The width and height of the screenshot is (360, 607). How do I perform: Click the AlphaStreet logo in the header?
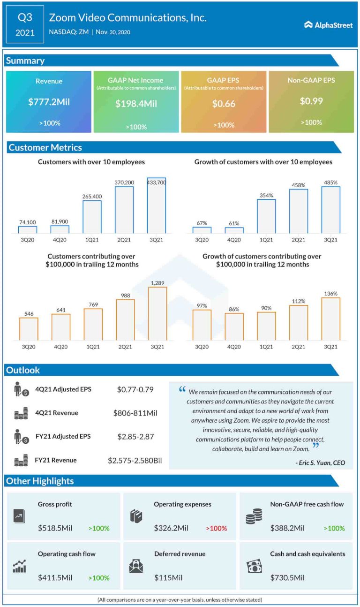click(328, 25)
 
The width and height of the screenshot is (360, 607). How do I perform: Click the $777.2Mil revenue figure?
click(49, 101)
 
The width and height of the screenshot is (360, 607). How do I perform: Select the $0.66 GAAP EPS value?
click(224, 104)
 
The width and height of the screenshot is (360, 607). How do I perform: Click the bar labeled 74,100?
click(27, 230)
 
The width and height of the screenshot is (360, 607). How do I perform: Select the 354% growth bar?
click(266, 216)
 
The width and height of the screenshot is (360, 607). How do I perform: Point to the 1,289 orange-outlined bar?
click(157, 313)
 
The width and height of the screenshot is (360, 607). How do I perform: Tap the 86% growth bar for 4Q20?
click(234, 326)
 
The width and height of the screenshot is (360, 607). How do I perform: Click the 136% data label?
click(331, 294)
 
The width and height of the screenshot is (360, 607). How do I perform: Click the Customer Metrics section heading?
click(45, 147)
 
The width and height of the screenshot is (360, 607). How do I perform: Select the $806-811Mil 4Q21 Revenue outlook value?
click(135, 413)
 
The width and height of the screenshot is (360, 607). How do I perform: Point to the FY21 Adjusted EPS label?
click(63, 436)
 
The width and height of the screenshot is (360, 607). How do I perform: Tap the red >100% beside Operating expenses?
click(216, 528)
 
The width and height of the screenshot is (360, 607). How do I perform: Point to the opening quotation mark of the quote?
click(182, 389)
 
